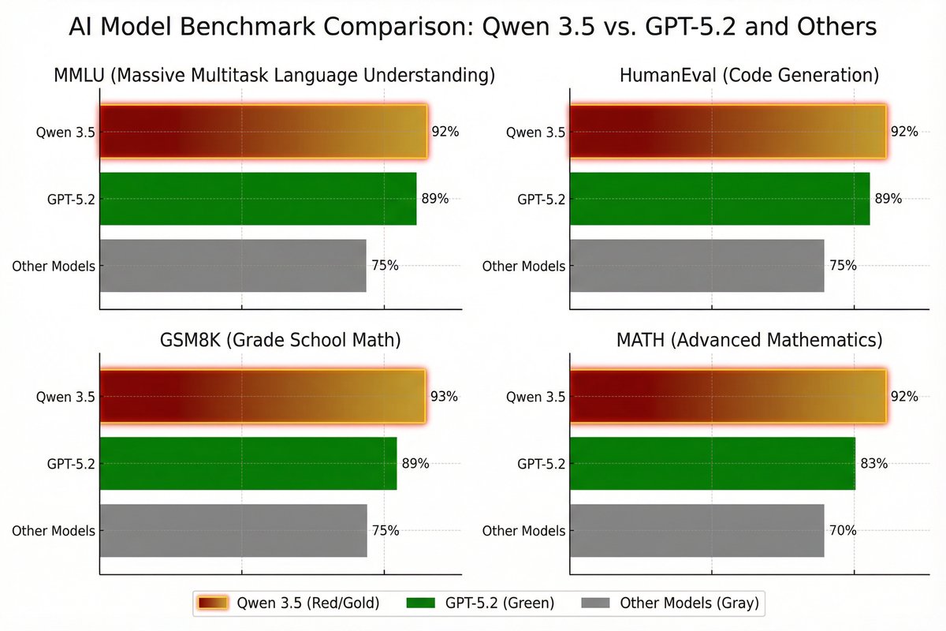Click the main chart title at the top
tap(473, 28)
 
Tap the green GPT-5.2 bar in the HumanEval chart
tap(718, 199)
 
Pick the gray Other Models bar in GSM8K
tap(233, 531)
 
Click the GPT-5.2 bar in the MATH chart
tap(711, 463)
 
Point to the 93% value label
tap(444, 397)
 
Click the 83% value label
tap(874, 464)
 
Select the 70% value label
tap(843, 531)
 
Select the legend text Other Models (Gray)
tap(689, 603)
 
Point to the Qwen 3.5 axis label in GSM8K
tap(65, 397)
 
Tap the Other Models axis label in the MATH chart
tap(523, 531)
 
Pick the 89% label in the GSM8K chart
tap(415, 464)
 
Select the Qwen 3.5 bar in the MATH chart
tap(727, 397)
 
